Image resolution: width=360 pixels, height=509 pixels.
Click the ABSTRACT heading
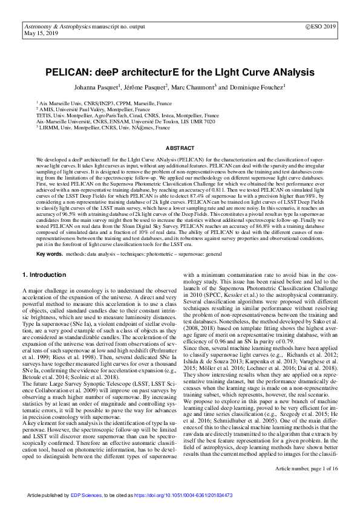click(180, 148)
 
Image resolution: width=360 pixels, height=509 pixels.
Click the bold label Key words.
click(49, 254)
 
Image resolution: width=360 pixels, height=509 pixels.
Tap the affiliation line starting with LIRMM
click(102, 128)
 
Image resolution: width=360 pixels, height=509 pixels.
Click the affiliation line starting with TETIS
click(127, 115)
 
